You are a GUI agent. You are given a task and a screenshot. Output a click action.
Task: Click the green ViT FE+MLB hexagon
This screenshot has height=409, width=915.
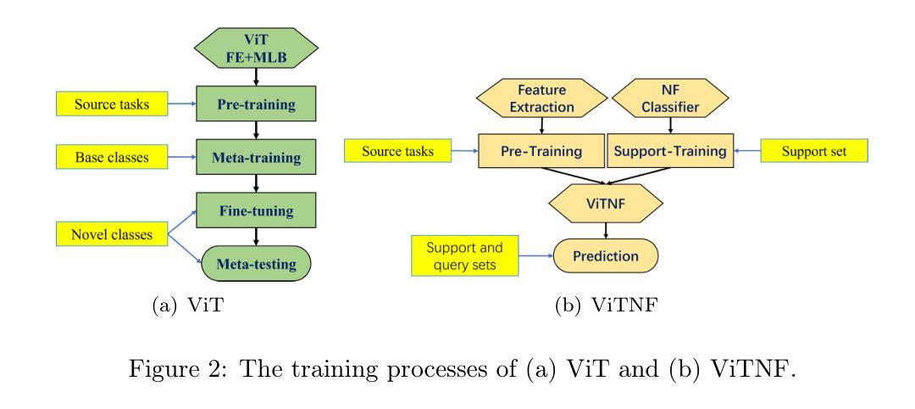pyautogui.click(x=256, y=48)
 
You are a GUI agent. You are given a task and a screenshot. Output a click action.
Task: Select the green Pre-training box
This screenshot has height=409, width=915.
pyautogui.click(x=256, y=104)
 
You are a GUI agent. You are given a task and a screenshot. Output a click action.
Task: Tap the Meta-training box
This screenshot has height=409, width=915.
pyautogui.click(x=256, y=157)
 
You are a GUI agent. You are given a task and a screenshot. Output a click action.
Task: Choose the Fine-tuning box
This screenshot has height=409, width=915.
pyautogui.click(x=256, y=210)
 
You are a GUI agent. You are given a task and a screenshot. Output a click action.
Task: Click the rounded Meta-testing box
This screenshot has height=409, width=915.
pyautogui.click(x=256, y=264)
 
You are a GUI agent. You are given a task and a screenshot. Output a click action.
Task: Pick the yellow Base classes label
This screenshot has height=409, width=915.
pyautogui.click(x=112, y=157)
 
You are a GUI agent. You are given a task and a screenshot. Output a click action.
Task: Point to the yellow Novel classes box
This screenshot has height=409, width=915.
pyautogui.click(x=112, y=233)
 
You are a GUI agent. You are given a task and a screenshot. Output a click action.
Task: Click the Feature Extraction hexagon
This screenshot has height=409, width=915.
pyautogui.click(x=542, y=98)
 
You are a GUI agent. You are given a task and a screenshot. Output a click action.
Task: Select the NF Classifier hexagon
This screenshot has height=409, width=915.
pyautogui.click(x=670, y=98)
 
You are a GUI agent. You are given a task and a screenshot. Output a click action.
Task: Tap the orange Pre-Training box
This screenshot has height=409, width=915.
pyautogui.click(x=541, y=151)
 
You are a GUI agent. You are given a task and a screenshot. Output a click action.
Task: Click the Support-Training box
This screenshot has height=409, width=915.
pyautogui.click(x=670, y=151)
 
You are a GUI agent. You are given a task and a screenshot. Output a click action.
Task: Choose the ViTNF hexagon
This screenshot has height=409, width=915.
pyautogui.click(x=606, y=204)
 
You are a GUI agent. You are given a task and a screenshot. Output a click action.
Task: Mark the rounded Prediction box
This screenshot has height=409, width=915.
pyautogui.click(x=605, y=255)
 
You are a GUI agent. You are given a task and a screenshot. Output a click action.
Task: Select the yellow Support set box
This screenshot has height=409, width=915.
pyautogui.click(x=815, y=151)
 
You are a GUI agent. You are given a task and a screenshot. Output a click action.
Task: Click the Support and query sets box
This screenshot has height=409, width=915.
pyautogui.click(x=464, y=255)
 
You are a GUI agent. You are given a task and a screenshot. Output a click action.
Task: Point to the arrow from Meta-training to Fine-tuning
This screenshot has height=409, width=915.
pyautogui.click(x=256, y=183)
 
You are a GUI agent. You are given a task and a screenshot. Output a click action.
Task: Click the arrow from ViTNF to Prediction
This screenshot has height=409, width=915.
pyautogui.click(x=606, y=231)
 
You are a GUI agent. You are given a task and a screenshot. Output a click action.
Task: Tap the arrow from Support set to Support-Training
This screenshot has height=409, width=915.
pyautogui.click(x=747, y=151)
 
